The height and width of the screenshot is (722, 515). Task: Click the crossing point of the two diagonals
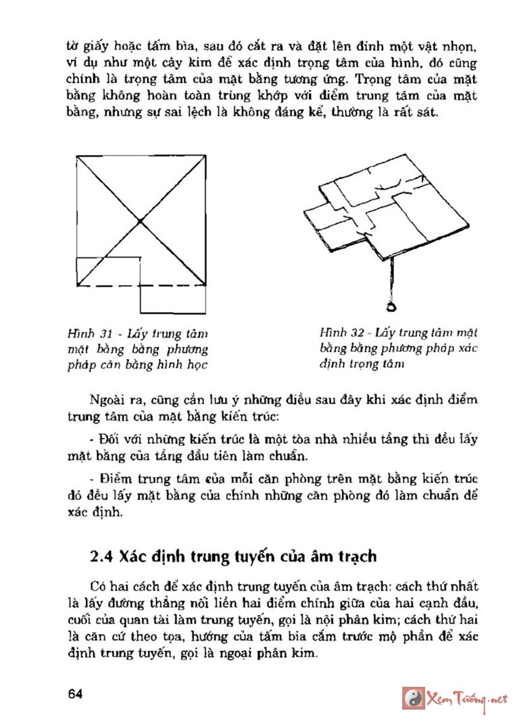coord(140,221)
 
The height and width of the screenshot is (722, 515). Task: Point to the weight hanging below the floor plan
coord(391,308)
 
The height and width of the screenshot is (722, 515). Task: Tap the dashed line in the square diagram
coord(108,286)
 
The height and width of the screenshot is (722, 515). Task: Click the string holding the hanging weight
coord(391,281)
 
